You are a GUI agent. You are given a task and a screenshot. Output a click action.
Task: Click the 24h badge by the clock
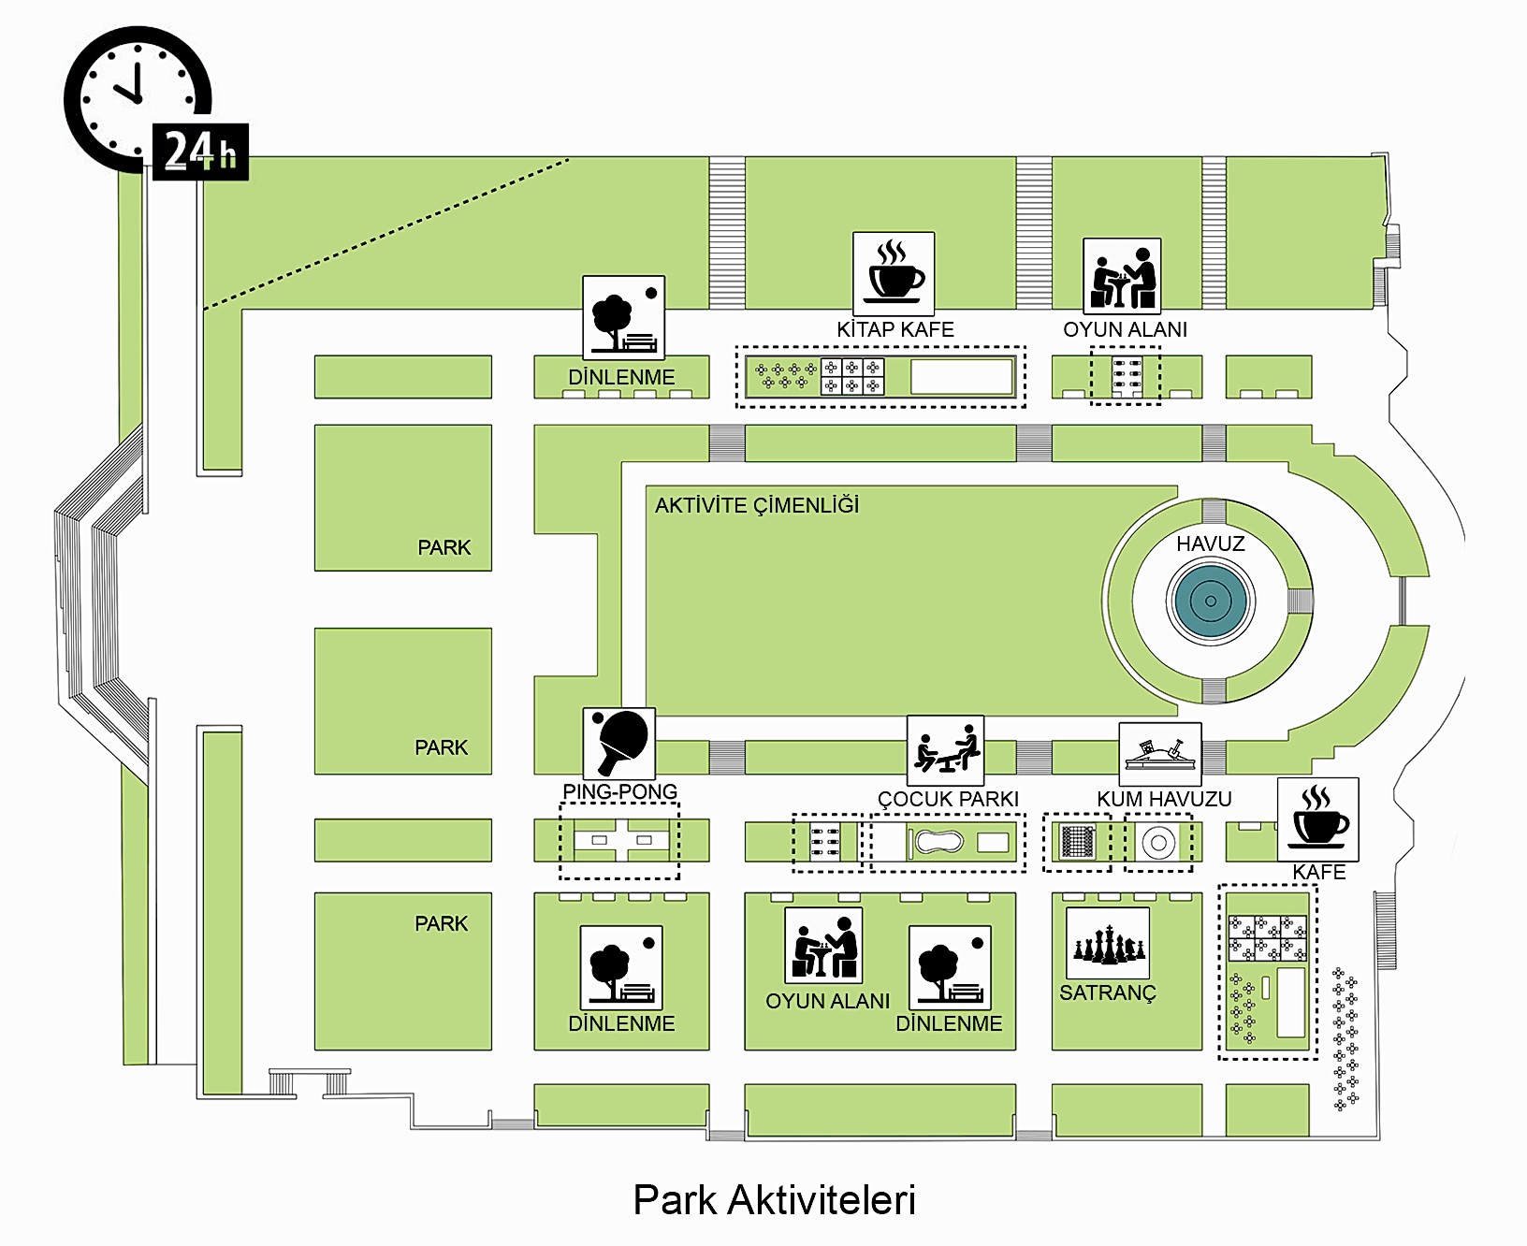click(200, 152)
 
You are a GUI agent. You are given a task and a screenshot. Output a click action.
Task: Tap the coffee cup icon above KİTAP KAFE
click(894, 273)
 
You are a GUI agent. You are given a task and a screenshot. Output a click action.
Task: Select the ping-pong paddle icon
click(619, 743)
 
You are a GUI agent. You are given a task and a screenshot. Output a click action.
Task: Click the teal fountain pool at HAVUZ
click(1211, 601)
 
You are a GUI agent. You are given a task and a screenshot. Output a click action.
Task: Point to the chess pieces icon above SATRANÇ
click(1108, 943)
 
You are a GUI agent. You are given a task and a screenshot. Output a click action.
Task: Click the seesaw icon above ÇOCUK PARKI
click(945, 751)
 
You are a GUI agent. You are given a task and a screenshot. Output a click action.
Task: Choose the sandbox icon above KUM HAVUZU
click(1160, 754)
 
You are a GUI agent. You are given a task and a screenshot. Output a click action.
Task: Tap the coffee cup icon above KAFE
click(1317, 819)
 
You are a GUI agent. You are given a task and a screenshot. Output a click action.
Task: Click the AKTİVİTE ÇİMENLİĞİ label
click(756, 506)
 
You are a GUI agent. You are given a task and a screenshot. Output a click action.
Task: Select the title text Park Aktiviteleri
click(774, 1200)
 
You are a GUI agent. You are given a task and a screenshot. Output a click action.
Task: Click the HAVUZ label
click(1210, 543)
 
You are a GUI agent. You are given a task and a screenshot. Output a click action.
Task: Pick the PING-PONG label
click(619, 791)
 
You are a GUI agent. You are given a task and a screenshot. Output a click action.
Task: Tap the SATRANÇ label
click(1107, 992)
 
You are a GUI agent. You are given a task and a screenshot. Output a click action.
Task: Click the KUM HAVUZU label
click(1164, 799)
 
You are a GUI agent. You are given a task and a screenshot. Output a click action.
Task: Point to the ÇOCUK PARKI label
click(948, 799)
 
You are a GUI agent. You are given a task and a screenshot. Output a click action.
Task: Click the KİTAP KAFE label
click(894, 329)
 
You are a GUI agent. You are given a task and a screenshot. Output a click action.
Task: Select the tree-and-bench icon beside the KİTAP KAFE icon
click(623, 317)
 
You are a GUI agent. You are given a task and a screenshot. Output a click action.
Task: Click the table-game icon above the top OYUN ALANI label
click(1122, 275)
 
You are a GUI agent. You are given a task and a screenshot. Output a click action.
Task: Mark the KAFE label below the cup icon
click(1318, 872)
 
